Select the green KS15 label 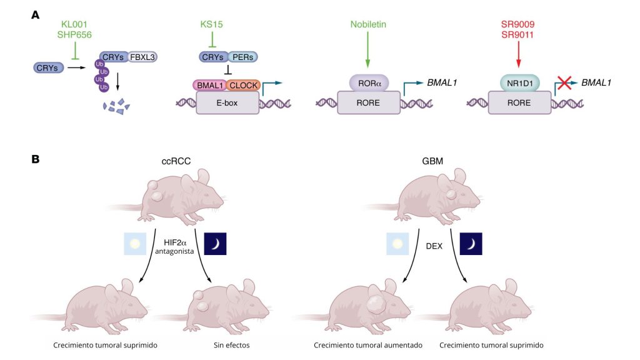click(x=212, y=24)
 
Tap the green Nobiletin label click(x=367, y=24)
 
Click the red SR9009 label click(x=517, y=24)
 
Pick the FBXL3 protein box click(x=142, y=57)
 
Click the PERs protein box click(x=243, y=57)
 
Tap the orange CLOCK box click(x=243, y=85)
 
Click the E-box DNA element click(x=228, y=102)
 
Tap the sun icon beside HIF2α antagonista click(x=135, y=244)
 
